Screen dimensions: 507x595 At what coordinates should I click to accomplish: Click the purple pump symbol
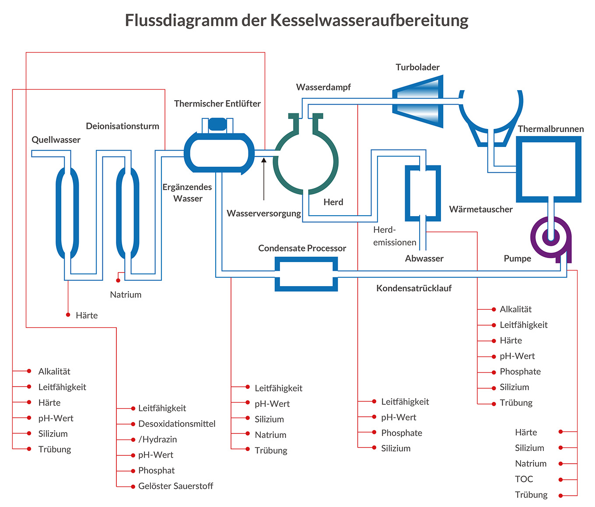(551, 238)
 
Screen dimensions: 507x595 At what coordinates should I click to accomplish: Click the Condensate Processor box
(306, 274)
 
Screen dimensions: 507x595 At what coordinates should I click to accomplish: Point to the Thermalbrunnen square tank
(549, 169)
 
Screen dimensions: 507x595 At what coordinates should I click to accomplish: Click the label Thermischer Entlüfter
(217, 104)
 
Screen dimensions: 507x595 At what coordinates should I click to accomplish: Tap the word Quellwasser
(56, 140)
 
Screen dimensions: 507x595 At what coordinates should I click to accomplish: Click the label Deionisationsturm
(122, 126)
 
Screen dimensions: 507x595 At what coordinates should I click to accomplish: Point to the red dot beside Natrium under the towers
(118, 280)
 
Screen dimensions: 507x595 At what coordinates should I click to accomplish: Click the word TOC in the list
(524, 479)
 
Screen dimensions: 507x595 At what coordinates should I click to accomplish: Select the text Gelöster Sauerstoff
(175, 486)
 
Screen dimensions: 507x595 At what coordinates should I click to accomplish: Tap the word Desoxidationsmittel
(177, 424)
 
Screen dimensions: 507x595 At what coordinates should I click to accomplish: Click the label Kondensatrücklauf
(413, 288)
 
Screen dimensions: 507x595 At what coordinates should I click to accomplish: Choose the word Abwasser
(424, 259)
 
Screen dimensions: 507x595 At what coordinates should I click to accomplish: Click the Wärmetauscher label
(480, 210)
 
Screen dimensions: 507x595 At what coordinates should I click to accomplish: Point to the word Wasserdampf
(323, 87)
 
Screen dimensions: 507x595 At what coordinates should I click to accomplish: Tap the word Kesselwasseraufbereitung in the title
(369, 21)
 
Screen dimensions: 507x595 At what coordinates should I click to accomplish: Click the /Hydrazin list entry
(157, 440)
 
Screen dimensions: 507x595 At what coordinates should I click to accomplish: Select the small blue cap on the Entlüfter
(217, 124)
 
